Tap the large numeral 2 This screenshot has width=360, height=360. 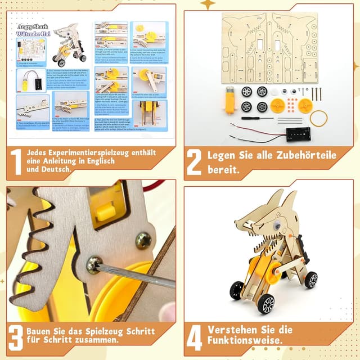(194, 161)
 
